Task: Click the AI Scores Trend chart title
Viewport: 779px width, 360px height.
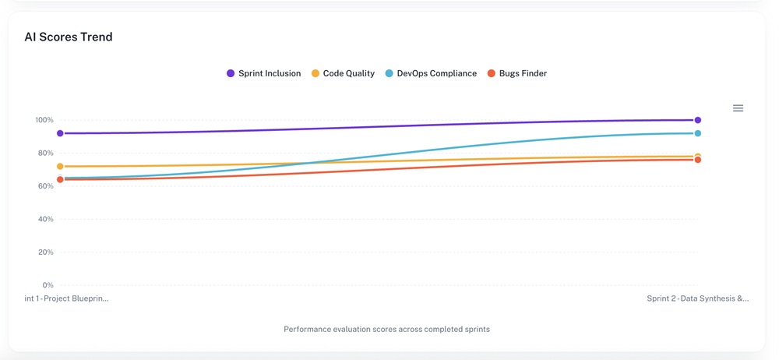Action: pos(69,37)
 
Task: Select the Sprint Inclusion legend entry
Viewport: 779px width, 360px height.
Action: pos(263,73)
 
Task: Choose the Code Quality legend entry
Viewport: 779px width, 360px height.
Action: pos(343,73)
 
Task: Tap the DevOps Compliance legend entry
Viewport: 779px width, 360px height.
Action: pos(431,73)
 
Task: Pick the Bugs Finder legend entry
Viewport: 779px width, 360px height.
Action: pos(516,73)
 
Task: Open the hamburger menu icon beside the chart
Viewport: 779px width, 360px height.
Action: pos(738,108)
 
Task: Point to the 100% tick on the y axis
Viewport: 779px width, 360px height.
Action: pos(44,120)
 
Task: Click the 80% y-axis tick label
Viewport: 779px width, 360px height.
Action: pos(45,154)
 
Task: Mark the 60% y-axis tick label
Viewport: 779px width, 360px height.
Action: pos(45,186)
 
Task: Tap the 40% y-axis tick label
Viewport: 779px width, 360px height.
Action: pos(45,219)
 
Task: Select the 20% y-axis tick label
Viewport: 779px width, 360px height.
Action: pos(45,252)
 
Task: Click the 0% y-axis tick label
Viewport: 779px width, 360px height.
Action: pos(48,285)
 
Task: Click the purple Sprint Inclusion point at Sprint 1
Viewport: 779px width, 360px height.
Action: pos(60,133)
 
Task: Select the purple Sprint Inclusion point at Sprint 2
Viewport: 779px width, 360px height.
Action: pos(698,120)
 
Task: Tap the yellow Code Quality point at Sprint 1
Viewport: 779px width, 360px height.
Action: pos(60,167)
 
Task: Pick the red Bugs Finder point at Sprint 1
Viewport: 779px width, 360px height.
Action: pos(60,180)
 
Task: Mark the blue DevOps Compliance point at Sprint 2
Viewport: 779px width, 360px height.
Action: pos(698,133)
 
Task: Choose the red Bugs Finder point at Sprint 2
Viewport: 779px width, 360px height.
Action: pos(698,160)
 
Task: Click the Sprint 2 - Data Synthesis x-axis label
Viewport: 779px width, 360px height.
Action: pos(697,298)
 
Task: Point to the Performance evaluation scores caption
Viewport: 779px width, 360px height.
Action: pos(386,330)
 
